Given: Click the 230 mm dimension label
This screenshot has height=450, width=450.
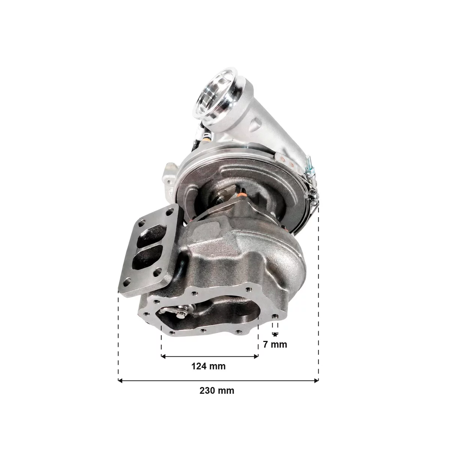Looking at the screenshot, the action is click(217, 391).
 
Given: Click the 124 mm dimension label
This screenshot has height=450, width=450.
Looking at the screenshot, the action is click(208, 366).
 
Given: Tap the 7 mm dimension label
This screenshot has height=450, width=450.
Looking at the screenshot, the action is click(275, 345).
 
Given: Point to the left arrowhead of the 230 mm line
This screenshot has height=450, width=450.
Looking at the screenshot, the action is click(120, 381).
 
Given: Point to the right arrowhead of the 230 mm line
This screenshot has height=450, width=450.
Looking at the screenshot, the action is click(316, 381).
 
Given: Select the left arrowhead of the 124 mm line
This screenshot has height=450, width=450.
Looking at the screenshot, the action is click(163, 356).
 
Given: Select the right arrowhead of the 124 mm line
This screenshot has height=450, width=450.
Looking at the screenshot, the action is click(256, 356).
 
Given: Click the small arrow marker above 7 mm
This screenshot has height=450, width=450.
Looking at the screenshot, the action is click(275, 334).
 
